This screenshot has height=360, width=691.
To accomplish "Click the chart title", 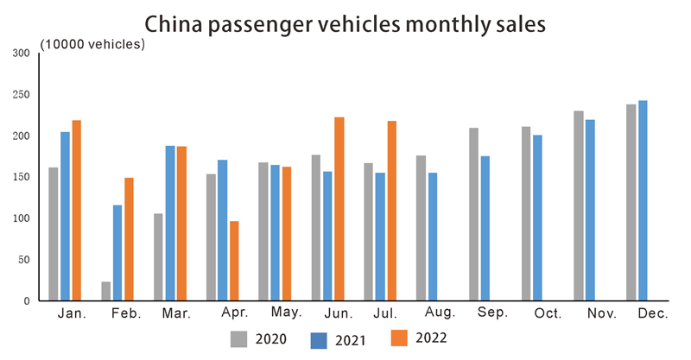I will [345, 23].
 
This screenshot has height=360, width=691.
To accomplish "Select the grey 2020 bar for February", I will [106, 291].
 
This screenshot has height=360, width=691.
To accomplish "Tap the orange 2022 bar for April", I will [234, 261].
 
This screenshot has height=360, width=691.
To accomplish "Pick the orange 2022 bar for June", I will [339, 209].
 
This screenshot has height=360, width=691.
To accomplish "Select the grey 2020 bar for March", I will [158, 257].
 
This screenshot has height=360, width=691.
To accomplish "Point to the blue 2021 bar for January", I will [65, 216].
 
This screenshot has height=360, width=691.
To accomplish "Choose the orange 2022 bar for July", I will [391, 211].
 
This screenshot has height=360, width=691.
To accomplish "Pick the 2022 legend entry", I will [418, 338].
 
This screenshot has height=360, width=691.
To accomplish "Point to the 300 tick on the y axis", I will [22, 54].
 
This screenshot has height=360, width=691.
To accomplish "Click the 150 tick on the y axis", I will [22, 177].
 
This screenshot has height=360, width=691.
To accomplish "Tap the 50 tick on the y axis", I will [24, 260].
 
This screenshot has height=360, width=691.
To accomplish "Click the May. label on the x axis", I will [286, 313].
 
